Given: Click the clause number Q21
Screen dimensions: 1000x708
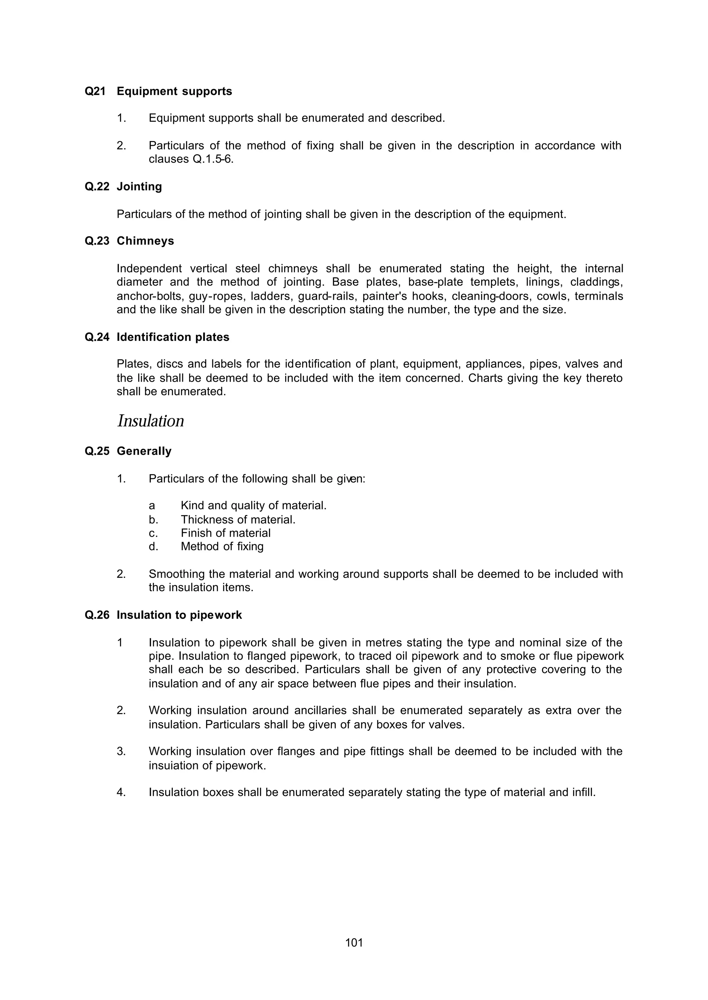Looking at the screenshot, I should (x=95, y=92).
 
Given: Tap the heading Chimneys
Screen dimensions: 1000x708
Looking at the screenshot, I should (x=145, y=241).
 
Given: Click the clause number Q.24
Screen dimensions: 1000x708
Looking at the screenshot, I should (x=97, y=337).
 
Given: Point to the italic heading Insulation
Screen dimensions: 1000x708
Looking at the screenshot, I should (x=150, y=421).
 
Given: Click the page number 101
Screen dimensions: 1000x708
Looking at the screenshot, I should (x=354, y=943).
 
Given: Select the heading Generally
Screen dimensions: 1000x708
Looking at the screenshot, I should (x=144, y=451).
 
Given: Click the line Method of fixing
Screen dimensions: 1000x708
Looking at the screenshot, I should (x=222, y=546).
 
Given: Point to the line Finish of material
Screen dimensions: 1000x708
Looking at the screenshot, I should (x=225, y=533).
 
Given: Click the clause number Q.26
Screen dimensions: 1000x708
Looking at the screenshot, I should (x=97, y=615).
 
